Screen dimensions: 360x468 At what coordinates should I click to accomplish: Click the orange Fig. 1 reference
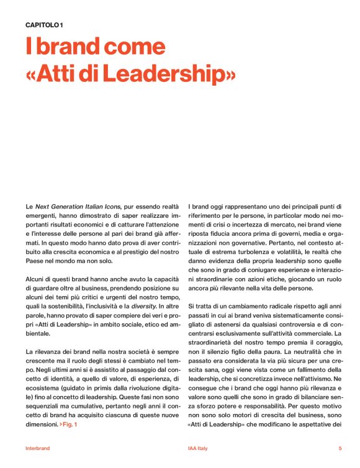70,424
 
